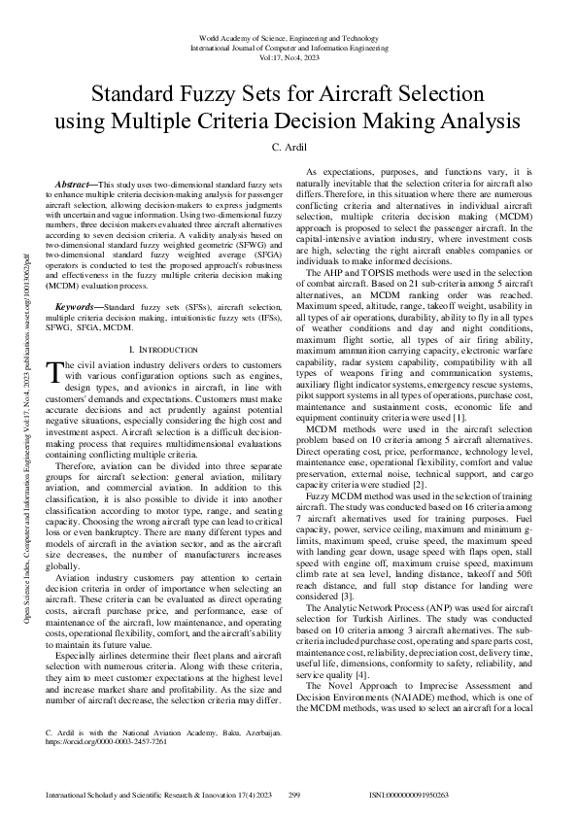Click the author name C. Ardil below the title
(289, 147)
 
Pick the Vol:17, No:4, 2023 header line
(289, 56)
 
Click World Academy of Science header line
(289, 36)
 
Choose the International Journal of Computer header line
(289, 46)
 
